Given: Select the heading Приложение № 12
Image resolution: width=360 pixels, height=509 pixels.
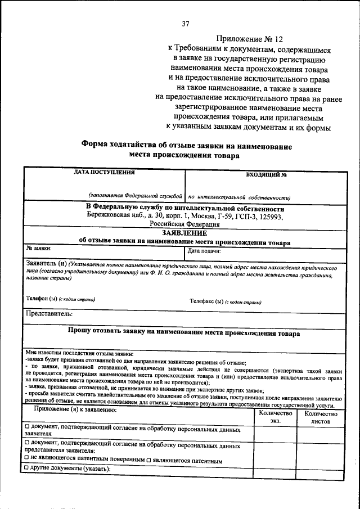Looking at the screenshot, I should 245,39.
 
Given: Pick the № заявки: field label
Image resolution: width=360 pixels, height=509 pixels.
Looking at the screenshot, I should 39,247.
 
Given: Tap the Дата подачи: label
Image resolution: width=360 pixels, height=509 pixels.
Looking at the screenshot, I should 204,251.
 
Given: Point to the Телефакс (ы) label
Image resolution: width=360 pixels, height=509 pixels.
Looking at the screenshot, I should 206,301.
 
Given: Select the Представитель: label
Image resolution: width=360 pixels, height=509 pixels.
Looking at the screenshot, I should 49,313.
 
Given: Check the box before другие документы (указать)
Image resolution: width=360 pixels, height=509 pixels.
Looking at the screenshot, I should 28,469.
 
